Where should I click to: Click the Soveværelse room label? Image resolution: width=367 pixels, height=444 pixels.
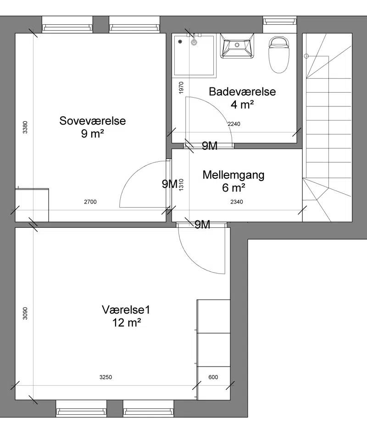92,121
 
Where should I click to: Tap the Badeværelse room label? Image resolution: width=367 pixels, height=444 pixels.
242,92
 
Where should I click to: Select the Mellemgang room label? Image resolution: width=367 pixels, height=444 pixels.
234,175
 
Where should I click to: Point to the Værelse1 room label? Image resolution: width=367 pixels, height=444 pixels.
126,309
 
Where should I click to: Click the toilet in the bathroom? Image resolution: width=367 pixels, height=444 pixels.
279,55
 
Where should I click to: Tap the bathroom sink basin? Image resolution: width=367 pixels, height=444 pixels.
237,45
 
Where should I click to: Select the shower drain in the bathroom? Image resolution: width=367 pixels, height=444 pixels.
180,42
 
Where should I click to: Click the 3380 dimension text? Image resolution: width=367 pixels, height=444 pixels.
25,127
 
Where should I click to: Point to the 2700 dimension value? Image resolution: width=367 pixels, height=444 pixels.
90,202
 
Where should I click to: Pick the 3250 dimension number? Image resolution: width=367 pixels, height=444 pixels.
106,377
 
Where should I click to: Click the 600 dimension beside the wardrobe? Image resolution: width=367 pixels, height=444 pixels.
213,377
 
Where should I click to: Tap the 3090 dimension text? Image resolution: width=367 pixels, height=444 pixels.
25,313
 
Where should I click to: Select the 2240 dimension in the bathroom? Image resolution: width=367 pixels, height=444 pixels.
234,124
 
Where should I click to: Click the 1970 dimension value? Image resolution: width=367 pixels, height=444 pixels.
181,88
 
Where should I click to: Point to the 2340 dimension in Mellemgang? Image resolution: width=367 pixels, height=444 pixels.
237,202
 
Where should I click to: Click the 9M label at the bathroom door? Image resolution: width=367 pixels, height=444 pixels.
210,146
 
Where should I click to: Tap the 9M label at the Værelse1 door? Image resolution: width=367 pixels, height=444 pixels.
202,225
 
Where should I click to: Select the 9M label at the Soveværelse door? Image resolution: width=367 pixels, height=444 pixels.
170,184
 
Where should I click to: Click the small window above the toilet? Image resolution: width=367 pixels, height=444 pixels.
280,22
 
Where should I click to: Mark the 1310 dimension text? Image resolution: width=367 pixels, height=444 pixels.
181,185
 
